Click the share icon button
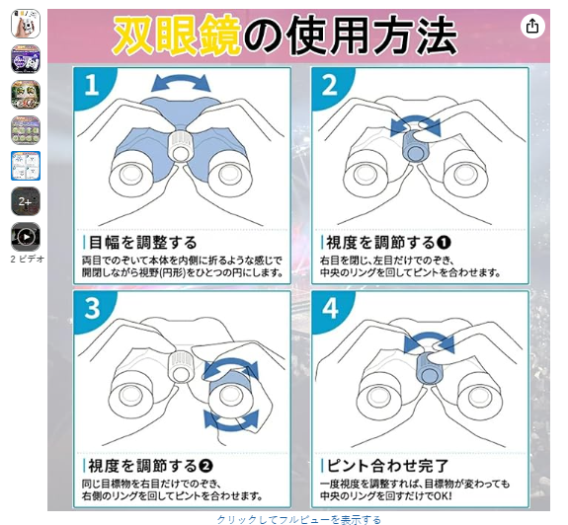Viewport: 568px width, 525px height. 532,26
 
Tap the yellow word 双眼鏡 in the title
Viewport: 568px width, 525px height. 177,36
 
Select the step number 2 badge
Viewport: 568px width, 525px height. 329,86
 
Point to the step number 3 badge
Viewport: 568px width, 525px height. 92,308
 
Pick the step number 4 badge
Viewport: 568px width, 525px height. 330,308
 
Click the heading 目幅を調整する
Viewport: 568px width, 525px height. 142,243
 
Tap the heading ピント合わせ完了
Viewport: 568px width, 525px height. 387,466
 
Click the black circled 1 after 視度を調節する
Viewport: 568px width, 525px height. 444,243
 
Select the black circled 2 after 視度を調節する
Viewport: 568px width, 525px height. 205,466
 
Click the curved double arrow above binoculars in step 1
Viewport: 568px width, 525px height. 181,82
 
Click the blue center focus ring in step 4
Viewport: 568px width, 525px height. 429,369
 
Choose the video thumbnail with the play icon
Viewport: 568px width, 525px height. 26,237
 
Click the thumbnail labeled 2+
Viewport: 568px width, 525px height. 26,201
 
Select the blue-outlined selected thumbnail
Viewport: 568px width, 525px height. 26,166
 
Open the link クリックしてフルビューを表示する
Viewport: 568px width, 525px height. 299,520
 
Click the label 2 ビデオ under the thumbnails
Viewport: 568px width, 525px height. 28,259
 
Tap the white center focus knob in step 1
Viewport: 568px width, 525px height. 180,145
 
